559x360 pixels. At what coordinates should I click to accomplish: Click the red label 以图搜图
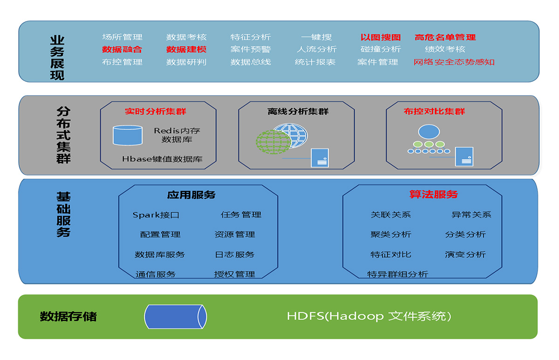(381, 37)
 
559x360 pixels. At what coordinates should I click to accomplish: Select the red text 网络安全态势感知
(454, 62)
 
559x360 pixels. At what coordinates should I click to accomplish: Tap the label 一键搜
(316, 37)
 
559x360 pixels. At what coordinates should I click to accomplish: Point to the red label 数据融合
(122, 49)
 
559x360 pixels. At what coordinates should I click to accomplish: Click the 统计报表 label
(315, 62)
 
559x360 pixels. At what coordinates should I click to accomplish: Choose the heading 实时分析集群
(156, 111)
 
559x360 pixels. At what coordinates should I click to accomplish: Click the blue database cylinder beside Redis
(128, 135)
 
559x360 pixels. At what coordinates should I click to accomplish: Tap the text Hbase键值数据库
(162, 159)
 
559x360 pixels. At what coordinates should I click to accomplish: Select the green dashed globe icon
(273, 142)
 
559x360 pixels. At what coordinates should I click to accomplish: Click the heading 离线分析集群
(298, 111)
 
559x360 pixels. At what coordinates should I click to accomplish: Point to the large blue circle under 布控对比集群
(429, 131)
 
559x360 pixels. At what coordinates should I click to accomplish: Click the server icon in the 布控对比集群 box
(464, 156)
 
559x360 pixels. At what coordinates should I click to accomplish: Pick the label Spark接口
(156, 215)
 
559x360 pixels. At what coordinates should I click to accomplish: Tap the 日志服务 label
(235, 254)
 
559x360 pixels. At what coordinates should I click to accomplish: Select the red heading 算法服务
(434, 194)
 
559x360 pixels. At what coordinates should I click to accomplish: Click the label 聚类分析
(391, 235)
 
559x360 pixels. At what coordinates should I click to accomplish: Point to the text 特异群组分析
(397, 274)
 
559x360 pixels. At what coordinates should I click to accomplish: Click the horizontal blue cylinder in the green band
(176, 317)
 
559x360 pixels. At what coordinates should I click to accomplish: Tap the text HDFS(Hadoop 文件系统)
(369, 316)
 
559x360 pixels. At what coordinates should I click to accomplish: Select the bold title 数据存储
(68, 316)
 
